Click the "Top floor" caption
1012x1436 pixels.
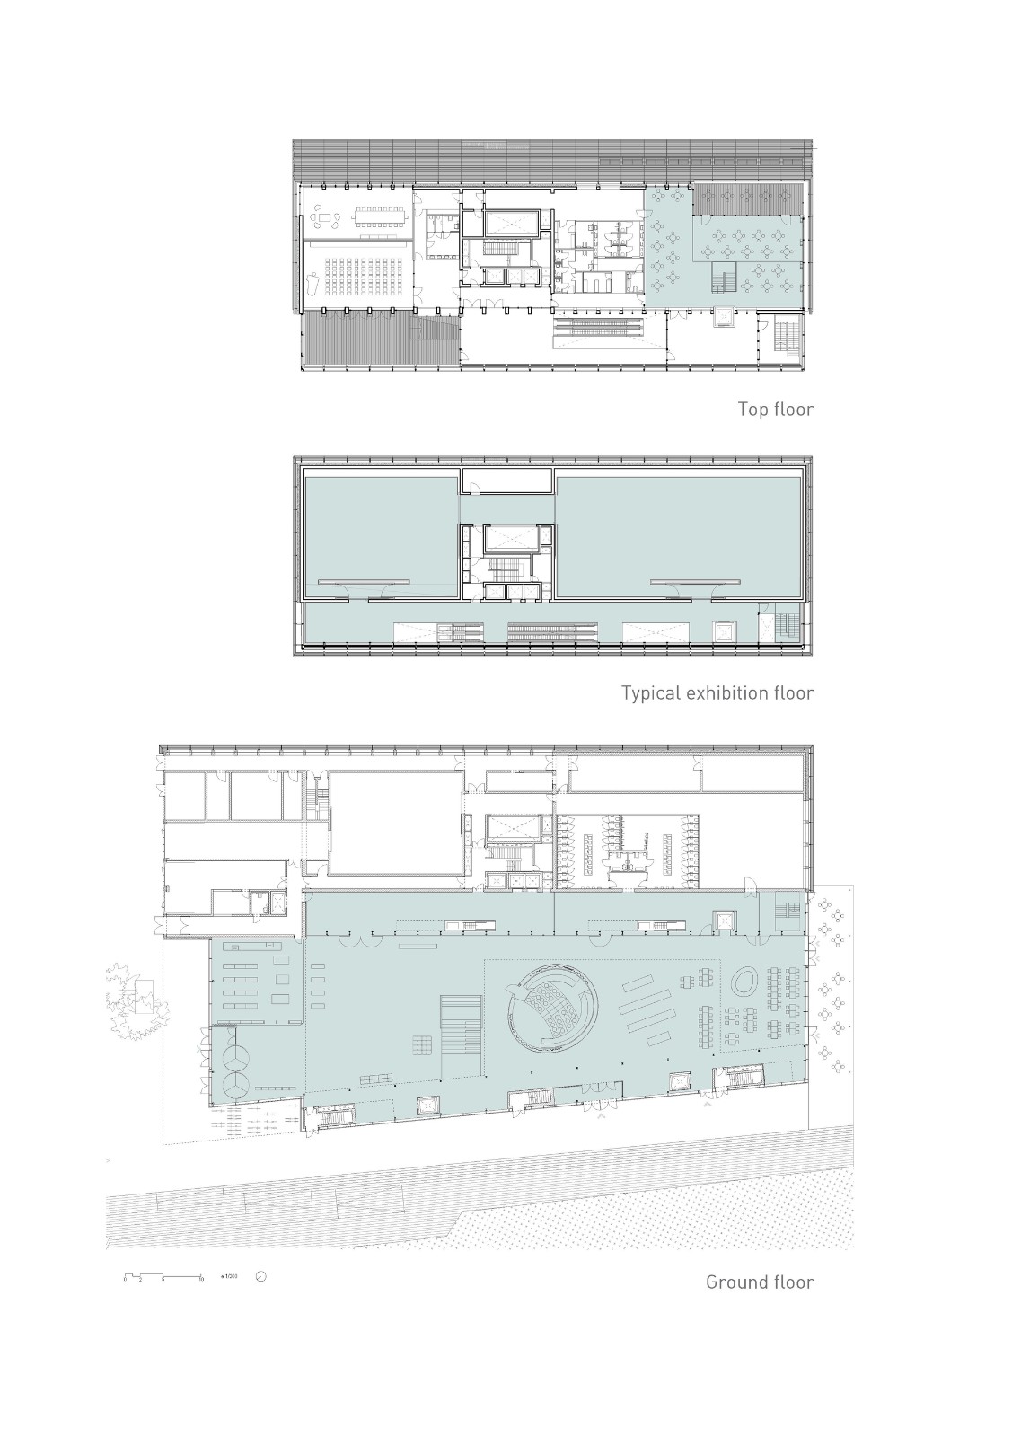tap(775, 410)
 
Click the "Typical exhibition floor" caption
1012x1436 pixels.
tap(717, 693)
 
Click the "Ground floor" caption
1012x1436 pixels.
tap(759, 1282)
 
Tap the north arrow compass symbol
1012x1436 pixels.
tap(261, 1276)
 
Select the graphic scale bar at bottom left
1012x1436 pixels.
tap(163, 1276)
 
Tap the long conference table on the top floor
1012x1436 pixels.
tap(380, 216)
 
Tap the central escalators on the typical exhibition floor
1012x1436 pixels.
tap(550, 631)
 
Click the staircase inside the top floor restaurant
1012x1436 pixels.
tap(725, 278)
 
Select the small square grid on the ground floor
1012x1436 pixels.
tap(423, 1045)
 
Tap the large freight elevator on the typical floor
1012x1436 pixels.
tap(510, 540)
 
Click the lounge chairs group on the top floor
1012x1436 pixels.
tap(321, 216)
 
